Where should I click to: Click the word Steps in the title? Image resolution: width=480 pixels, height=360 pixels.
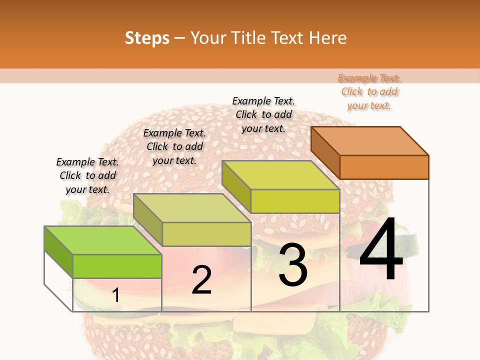pos(147,38)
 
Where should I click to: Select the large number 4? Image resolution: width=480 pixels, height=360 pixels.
pos(381,250)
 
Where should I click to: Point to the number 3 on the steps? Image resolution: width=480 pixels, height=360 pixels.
pos(293,265)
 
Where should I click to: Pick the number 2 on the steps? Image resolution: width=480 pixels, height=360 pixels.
pos(201,280)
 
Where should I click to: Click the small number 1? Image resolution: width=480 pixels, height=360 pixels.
pos(115,295)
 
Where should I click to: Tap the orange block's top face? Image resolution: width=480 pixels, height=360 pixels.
pos(370,140)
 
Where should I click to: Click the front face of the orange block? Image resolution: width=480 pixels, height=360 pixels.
pos(384,167)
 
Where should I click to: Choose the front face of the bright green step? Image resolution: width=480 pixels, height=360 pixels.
pos(117,266)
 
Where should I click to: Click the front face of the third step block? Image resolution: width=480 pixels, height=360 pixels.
pos(295,201)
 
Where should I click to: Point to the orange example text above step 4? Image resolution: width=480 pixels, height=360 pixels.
pos(369,91)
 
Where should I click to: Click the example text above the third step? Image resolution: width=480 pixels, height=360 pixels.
pos(263,114)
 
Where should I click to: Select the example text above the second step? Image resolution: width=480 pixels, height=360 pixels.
pos(174,146)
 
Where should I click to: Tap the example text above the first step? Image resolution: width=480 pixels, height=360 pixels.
pos(87,175)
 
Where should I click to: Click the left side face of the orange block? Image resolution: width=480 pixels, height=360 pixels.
pos(325,152)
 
